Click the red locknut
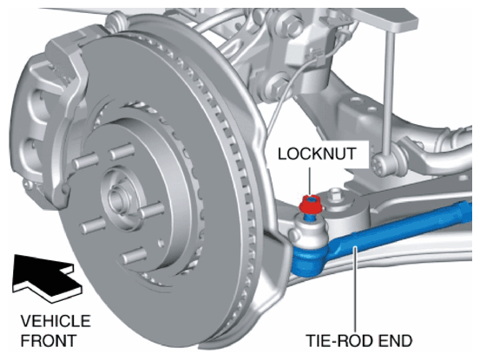(x=311, y=205)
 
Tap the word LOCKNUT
(x=317, y=154)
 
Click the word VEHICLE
(x=56, y=321)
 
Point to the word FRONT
(x=49, y=340)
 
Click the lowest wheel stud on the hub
(x=134, y=256)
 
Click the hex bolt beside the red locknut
(x=336, y=195)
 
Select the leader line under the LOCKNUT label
(x=311, y=181)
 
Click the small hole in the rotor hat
(x=161, y=243)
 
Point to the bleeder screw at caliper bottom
(x=30, y=185)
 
